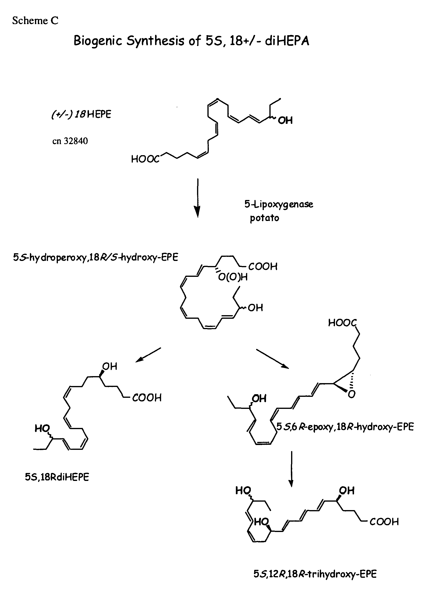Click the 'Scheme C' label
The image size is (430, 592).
tap(35, 21)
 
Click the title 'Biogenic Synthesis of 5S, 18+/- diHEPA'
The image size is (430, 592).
tap(191, 41)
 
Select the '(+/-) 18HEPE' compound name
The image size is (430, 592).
tap(81, 114)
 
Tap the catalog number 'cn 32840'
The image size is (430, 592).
tap(70, 141)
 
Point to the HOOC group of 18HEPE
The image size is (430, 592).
tap(145, 159)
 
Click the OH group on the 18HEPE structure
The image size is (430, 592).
tap(285, 120)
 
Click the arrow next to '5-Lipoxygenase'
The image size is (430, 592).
tap(198, 198)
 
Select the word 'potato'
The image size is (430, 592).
tap(264, 218)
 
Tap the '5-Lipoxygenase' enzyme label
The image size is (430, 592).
tap(279, 204)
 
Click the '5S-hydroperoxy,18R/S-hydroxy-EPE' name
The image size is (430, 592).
tap(96, 257)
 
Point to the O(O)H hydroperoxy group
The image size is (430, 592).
tap(233, 277)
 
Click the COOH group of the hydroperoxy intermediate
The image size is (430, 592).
tap(263, 266)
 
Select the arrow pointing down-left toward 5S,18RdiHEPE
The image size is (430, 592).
tap(148, 355)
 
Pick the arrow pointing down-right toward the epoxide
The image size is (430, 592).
tap(273, 359)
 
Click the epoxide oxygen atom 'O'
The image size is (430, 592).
tap(352, 394)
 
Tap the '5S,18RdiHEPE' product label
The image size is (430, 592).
tap(57, 477)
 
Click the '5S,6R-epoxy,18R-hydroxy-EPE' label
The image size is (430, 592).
tap(345, 427)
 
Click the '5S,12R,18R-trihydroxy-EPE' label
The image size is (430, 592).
tap(315, 574)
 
